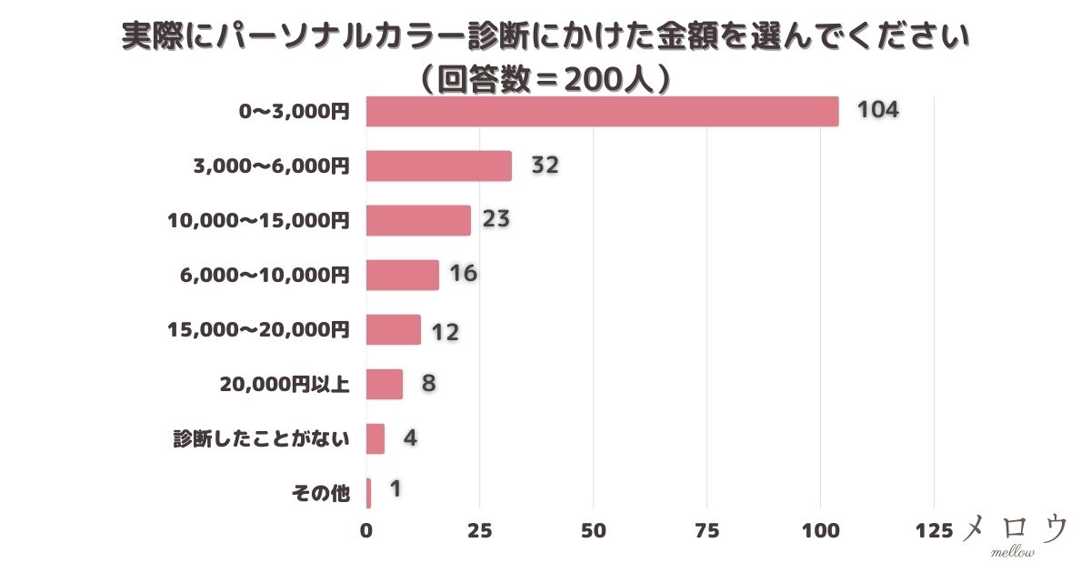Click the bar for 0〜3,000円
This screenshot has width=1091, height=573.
pos(602,112)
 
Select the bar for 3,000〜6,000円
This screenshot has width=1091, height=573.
pos(438,166)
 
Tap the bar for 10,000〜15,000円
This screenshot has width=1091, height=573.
pos(418,221)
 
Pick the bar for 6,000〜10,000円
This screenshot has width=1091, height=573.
pos(402,276)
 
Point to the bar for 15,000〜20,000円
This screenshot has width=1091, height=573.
pos(393,329)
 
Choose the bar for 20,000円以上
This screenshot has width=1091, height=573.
pos(384,384)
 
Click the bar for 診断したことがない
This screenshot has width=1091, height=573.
pos(375,438)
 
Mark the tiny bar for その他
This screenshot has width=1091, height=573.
pos(368,493)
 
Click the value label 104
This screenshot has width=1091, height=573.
pos(877,111)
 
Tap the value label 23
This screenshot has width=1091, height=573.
pos(495,220)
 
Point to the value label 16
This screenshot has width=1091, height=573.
pos(463,275)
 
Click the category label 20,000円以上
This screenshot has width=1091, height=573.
pos(284,385)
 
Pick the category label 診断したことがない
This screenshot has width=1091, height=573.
pos(262,439)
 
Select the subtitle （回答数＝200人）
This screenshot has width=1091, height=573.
pos(545,80)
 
